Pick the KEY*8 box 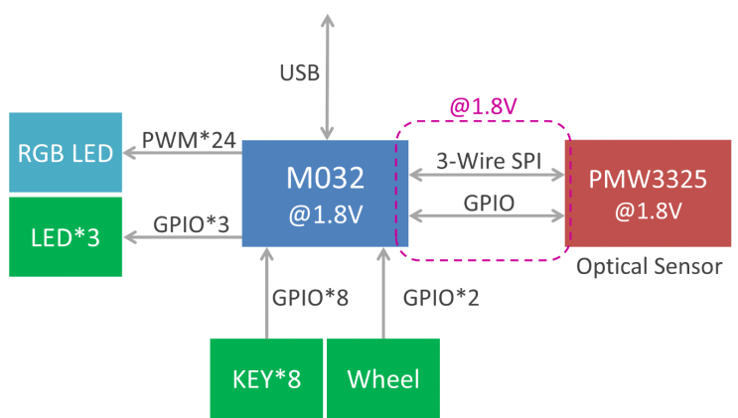266,378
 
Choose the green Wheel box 383,378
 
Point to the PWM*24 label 189,140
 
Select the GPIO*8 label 310,297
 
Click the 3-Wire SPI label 488,159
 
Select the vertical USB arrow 325,74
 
